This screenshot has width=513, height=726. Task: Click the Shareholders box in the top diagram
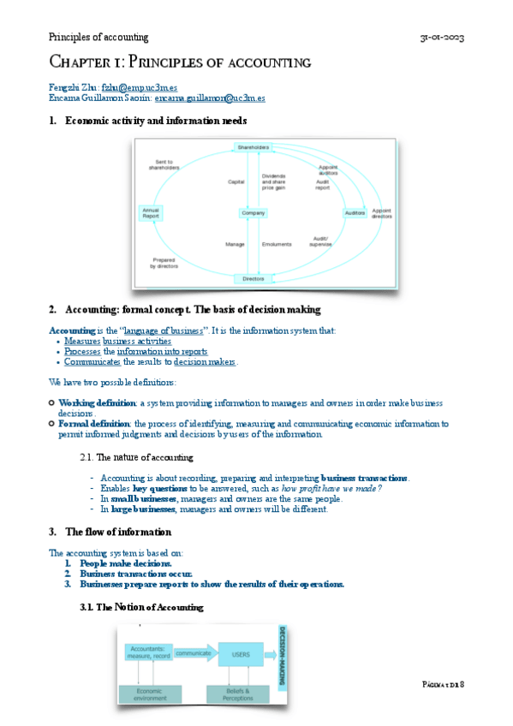click(x=254, y=147)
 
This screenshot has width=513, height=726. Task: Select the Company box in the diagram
click(x=254, y=212)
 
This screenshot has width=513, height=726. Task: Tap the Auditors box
click(x=355, y=212)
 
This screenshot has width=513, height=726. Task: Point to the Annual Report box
click(x=151, y=213)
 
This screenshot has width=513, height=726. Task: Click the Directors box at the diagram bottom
click(x=254, y=278)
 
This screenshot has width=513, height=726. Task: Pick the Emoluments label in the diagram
click(x=277, y=244)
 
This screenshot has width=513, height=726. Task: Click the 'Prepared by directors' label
click(x=164, y=263)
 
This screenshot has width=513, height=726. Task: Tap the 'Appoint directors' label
click(x=382, y=213)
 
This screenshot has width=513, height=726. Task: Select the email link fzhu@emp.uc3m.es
click(x=139, y=86)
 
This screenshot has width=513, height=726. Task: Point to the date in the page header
click(x=442, y=37)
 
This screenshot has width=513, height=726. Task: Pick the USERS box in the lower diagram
click(x=241, y=655)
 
